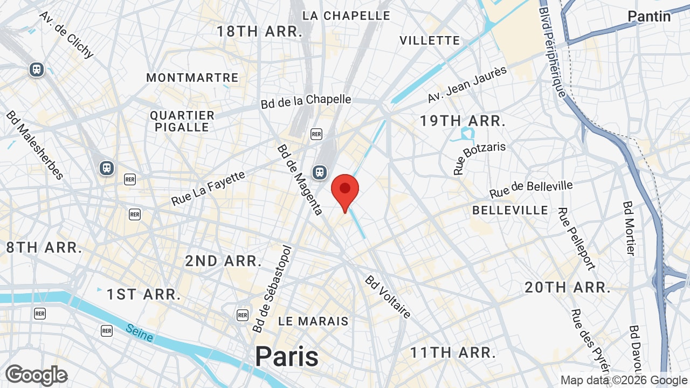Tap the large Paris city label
coord(287,356)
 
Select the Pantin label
coord(649,16)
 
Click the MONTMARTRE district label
coord(192,78)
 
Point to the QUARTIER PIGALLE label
coord(182,121)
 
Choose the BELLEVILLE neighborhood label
coord(510,210)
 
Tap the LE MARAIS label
coord(313,321)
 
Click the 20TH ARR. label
coord(568,288)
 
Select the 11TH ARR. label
coord(453,353)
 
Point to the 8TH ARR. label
coord(44,248)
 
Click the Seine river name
coord(140,332)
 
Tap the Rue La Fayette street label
coord(208,188)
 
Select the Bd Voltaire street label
coord(388,296)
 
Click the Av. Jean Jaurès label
coord(467,84)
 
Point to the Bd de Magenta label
coord(300,179)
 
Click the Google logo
coord(36,376)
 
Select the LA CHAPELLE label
coord(346,16)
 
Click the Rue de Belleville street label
coord(531,189)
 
